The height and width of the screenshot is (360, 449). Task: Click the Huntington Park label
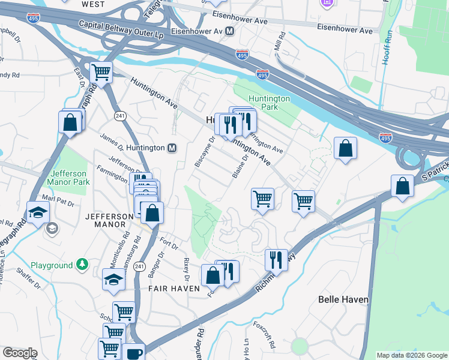point(270,103)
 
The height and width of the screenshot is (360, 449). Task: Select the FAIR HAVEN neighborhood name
point(174,289)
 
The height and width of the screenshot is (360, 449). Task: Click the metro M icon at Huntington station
point(172,148)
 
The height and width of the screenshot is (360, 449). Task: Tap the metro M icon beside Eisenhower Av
point(230,30)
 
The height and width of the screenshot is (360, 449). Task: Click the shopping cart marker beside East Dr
point(101,73)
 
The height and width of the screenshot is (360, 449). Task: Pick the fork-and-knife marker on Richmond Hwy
point(276,259)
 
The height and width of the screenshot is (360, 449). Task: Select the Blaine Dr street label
point(240,166)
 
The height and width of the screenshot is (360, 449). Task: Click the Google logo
point(20,353)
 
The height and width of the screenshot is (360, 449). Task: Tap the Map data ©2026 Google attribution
point(412,355)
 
